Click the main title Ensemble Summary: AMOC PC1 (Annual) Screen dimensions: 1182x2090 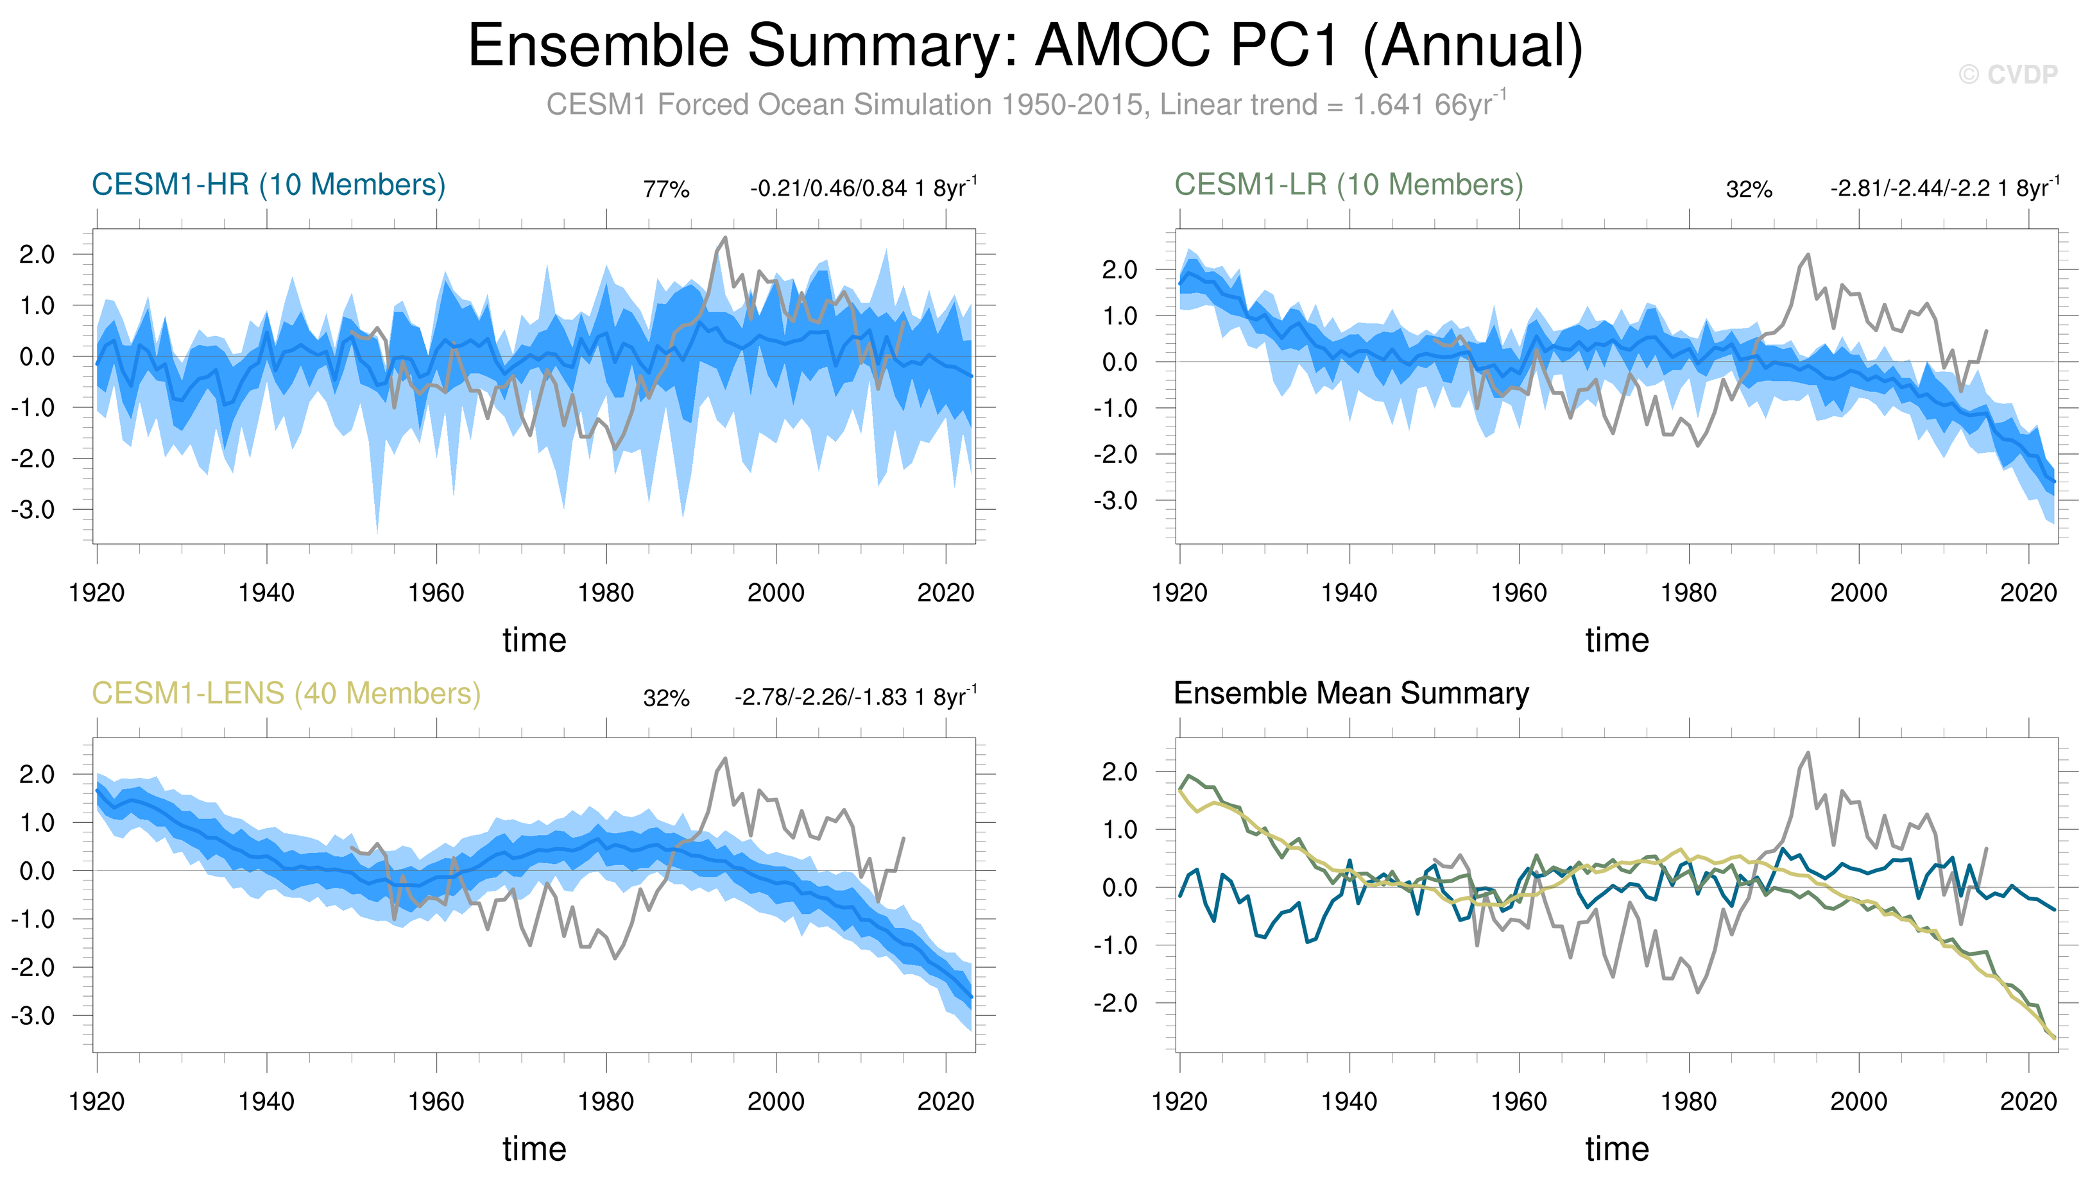coord(1025,46)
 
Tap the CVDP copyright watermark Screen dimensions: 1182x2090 coord(2008,74)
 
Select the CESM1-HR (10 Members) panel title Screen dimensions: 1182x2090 coord(268,185)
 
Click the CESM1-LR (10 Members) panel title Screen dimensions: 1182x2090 coord(1348,185)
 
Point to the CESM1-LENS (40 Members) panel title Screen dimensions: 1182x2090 coord(286,694)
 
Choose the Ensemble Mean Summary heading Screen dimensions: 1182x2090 coord(1351,694)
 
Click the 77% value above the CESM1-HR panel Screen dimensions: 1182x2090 coord(666,190)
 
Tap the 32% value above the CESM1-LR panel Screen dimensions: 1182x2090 coord(1749,190)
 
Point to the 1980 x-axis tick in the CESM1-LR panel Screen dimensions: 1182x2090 coord(1689,593)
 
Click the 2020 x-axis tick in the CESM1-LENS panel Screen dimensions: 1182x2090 coord(945,1102)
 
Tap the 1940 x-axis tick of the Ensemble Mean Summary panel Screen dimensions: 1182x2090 coord(1349,1102)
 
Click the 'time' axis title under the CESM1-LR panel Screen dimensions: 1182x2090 coord(1616,641)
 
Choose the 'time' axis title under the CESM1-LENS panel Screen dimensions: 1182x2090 coord(534,1149)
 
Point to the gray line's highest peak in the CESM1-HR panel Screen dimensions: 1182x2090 coord(724,238)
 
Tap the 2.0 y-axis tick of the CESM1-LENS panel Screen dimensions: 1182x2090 coord(37,775)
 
